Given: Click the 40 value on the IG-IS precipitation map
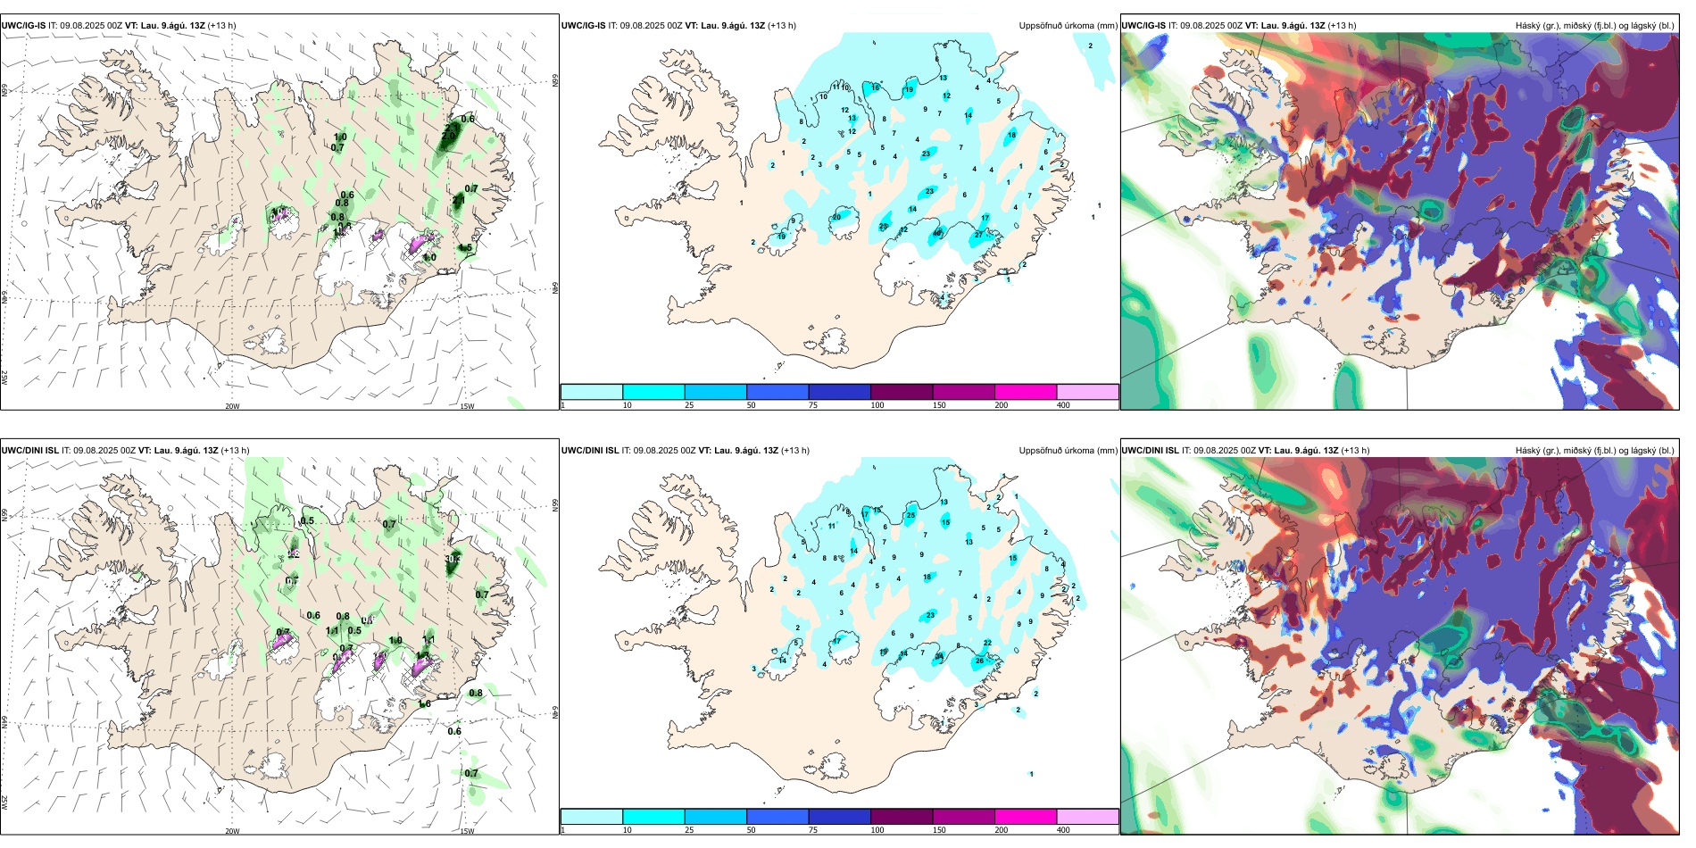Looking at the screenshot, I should (x=937, y=234).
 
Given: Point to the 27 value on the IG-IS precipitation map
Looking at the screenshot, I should (x=978, y=235).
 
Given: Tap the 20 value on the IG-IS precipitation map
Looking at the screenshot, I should (x=836, y=217).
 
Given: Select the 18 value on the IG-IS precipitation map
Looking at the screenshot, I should (x=1011, y=136).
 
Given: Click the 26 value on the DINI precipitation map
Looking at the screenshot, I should (x=979, y=661).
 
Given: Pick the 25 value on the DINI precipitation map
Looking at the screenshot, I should (x=910, y=515).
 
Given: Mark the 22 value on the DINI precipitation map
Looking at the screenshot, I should (x=987, y=643).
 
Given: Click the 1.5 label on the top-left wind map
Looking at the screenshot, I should (x=466, y=248).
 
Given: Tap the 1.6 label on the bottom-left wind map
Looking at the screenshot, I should (x=425, y=703).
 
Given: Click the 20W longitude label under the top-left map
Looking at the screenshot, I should (x=232, y=406).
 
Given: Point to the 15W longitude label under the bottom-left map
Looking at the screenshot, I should (x=467, y=831).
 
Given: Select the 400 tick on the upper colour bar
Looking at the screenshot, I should (x=1063, y=405).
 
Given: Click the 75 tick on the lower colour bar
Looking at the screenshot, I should (x=813, y=830).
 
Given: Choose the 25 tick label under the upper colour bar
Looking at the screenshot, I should (x=689, y=405).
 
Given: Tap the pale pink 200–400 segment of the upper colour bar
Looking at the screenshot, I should (x=1087, y=392).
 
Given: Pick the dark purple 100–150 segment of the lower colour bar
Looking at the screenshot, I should (x=901, y=817).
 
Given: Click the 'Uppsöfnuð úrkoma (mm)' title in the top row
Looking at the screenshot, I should (x=1068, y=26).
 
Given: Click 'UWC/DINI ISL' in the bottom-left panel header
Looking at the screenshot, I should (x=29, y=451).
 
